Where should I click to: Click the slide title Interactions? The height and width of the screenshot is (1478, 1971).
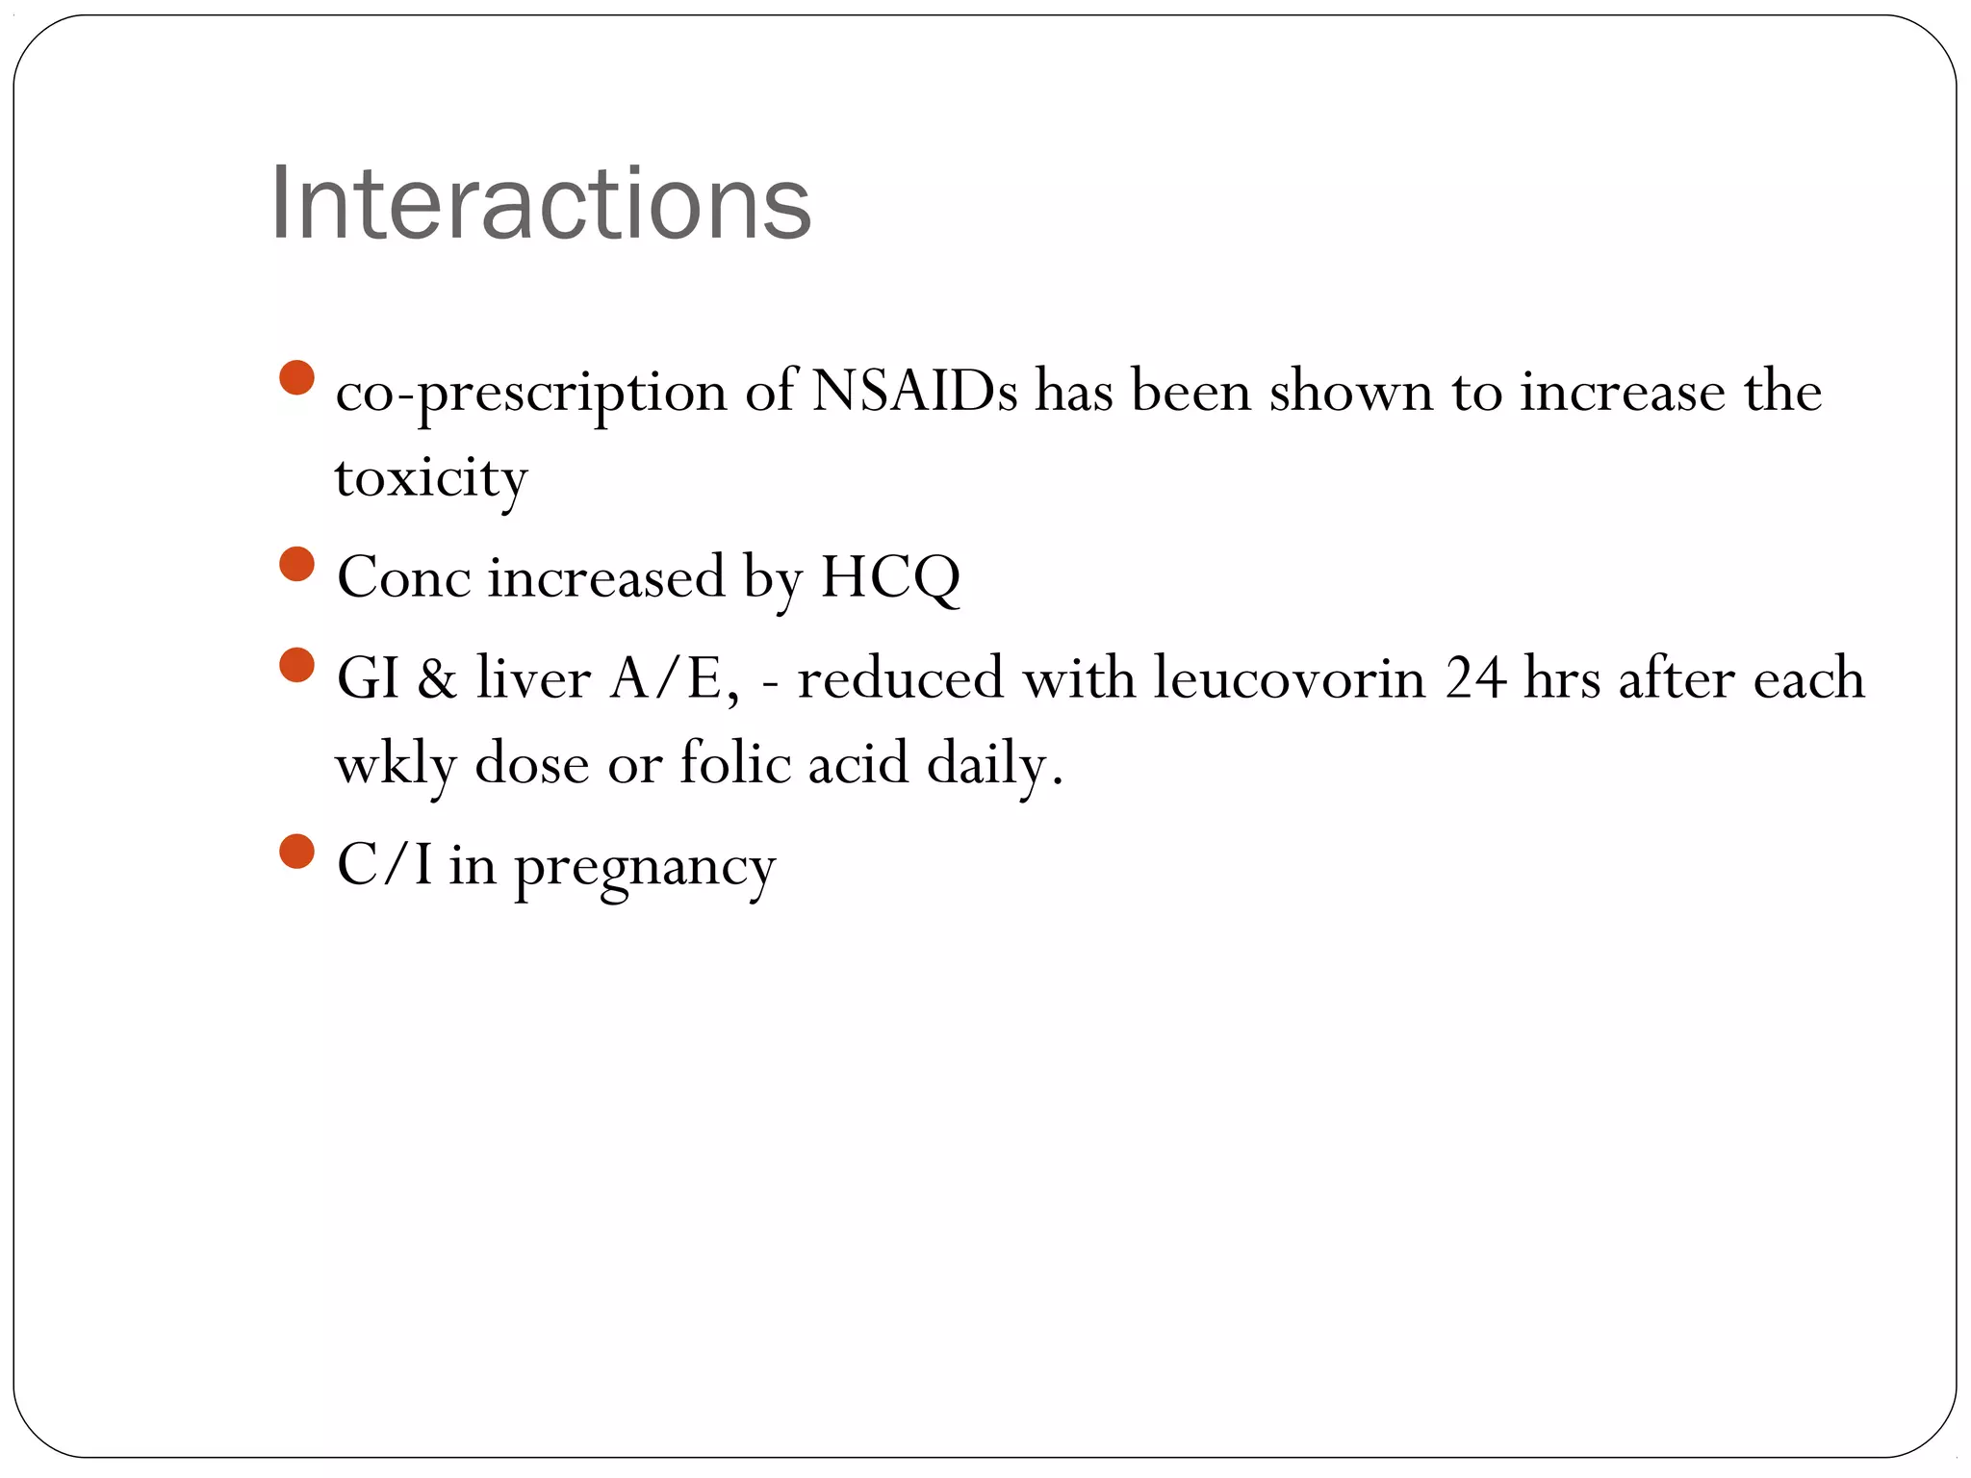point(541,204)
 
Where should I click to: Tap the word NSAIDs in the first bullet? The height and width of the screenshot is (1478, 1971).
point(913,392)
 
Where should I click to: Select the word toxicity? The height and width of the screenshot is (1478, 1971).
point(431,478)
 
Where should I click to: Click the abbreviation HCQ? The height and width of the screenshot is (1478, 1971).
point(889,577)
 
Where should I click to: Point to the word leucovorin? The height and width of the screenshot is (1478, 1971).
point(1290,677)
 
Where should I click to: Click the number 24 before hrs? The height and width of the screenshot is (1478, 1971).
point(1474,677)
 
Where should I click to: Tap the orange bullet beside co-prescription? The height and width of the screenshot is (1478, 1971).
point(297,377)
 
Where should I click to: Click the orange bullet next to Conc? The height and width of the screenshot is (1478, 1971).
point(297,564)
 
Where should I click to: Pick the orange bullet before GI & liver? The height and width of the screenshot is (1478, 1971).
point(297,664)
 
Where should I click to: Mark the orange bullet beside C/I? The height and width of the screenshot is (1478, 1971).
point(297,851)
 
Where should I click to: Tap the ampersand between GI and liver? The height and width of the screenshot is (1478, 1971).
point(437,677)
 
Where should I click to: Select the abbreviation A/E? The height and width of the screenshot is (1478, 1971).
point(674,677)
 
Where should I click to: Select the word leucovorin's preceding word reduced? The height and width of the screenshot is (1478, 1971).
point(900,677)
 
